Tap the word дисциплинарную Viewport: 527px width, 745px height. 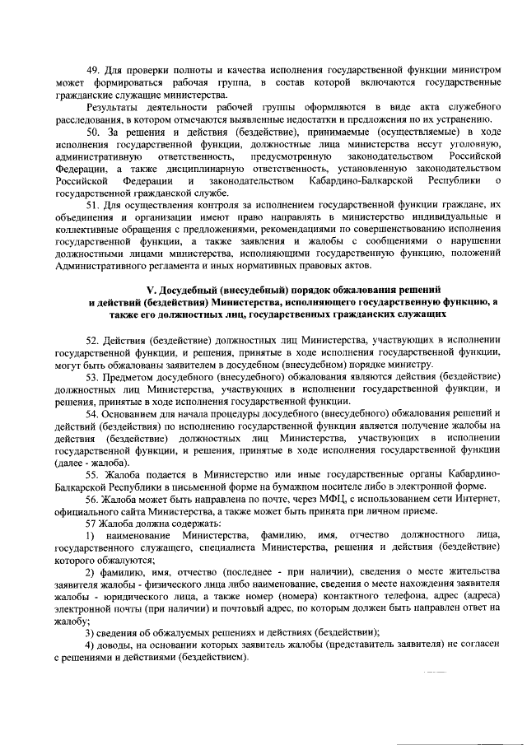click(x=194, y=169)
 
